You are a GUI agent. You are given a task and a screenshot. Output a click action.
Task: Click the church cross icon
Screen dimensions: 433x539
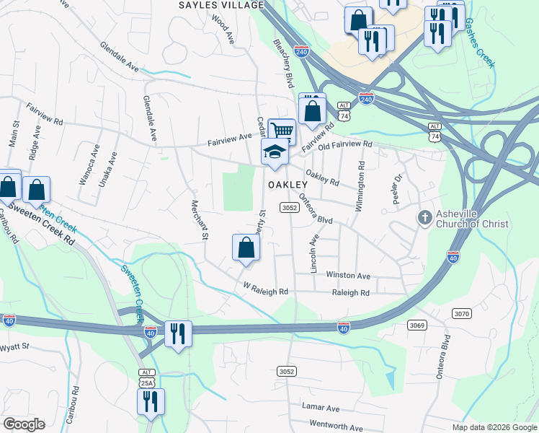(x=425, y=217)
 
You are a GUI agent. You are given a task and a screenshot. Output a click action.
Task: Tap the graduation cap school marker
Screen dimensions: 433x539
(x=275, y=152)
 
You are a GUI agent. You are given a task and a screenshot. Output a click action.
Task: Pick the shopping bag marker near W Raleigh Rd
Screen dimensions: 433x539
(x=246, y=248)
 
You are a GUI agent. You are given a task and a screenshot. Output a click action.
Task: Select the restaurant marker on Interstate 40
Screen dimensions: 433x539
(x=178, y=333)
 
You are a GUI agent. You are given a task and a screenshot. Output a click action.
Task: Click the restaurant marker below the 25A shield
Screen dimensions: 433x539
(x=151, y=401)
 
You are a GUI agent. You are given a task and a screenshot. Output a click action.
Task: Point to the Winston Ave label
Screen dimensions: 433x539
(x=348, y=276)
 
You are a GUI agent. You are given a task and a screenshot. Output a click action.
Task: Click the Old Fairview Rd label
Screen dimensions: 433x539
(x=345, y=144)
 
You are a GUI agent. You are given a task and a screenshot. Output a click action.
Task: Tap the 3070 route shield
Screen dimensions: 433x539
(x=462, y=313)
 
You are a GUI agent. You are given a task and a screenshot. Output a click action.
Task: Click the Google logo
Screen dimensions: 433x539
(x=24, y=424)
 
